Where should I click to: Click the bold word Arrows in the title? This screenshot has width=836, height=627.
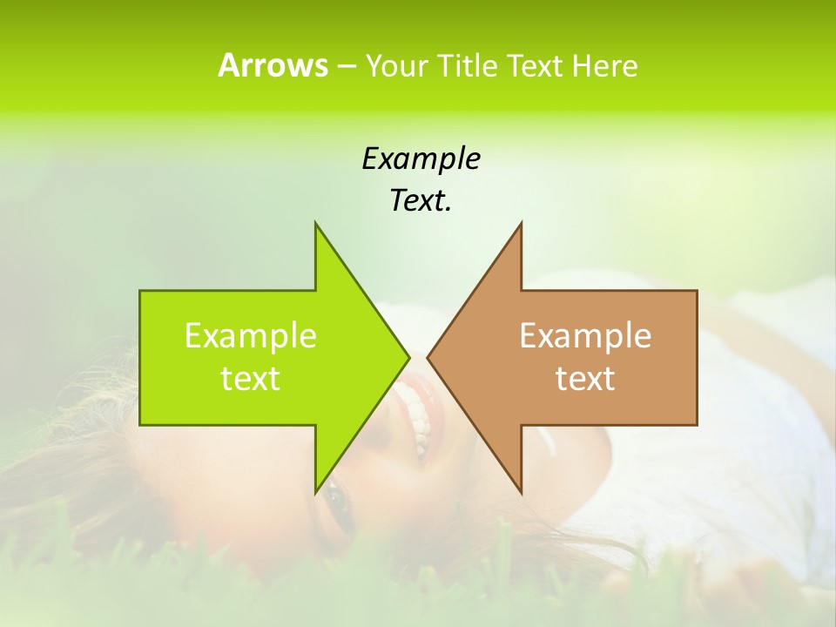click(273, 65)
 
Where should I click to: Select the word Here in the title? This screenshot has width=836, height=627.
click(604, 65)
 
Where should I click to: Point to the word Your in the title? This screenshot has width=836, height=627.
click(395, 65)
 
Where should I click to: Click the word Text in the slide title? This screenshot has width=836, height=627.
click(534, 65)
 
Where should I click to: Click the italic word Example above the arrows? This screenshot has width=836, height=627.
click(421, 158)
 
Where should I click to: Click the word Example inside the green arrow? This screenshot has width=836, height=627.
click(251, 336)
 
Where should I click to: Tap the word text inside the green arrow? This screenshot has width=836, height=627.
click(251, 378)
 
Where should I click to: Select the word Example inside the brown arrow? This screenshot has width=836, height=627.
click(585, 336)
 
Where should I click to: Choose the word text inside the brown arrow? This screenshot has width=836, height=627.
click(585, 378)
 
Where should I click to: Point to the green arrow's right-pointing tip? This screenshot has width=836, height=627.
click(408, 357)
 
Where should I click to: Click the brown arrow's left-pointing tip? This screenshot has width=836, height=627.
click(429, 357)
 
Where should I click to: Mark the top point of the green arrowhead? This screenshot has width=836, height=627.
click(316, 225)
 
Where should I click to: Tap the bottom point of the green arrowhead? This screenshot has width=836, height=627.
click(316, 490)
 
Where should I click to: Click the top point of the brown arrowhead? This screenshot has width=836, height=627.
click(521, 225)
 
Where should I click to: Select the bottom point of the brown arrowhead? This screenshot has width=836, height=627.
click(521, 490)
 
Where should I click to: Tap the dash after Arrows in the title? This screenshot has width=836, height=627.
click(346, 66)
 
